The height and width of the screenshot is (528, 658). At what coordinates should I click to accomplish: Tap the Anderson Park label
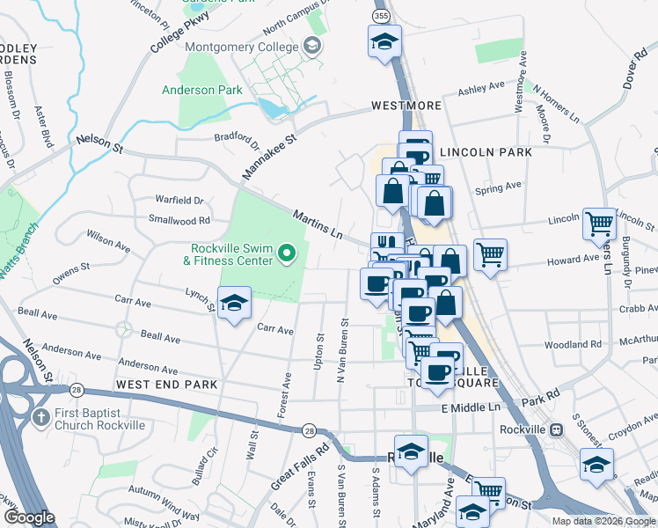pyautogui.click(x=201, y=90)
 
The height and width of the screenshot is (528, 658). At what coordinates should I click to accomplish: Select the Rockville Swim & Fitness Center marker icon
pyautogui.click(x=286, y=255)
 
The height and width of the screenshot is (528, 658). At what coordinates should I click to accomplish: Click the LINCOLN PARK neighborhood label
pyautogui.click(x=486, y=152)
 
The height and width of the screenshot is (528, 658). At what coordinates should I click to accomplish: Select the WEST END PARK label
pyautogui.click(x=166, y=385)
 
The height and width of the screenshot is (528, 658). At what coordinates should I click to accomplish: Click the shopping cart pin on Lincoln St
pyautogui.click(x=599, y=224)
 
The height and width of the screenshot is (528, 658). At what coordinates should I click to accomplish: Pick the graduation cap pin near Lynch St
pyautogui.click(x=233, y=304)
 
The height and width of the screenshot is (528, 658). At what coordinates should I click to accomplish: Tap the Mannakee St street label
pyautogui.click(x=269, y=151)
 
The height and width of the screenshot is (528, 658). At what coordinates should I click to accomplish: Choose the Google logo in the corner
pyautogui.click(x=28, y=517)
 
